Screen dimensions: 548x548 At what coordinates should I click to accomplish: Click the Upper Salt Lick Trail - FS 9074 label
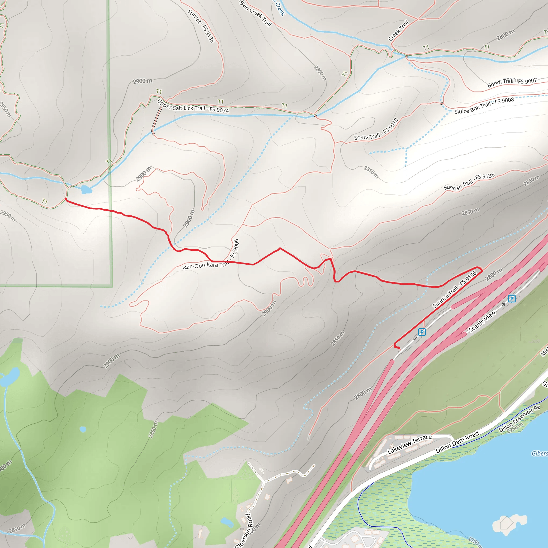[x=193, y=107]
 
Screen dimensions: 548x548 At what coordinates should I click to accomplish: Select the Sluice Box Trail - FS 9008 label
[x=484, y=105]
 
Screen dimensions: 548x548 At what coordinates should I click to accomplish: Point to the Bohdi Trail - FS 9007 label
[x=512, y=82]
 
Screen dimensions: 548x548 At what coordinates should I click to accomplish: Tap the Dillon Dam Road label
[x=457, y=442]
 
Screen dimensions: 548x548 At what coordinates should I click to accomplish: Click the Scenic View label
[x=482, y=321]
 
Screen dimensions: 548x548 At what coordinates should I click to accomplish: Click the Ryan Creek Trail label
[x=255, y=13]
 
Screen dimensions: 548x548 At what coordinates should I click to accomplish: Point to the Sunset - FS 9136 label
[x=201, y=26]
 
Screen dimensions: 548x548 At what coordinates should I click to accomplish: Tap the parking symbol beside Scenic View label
[x=511, y=298]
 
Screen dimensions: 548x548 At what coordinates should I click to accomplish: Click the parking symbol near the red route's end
[x=422, y=332]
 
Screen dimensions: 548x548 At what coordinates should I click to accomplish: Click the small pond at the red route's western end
[x=86, y=189]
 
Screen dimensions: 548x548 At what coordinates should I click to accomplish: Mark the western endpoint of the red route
[x=66, y=199]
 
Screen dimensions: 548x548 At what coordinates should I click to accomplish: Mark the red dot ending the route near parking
[x=399, y=348]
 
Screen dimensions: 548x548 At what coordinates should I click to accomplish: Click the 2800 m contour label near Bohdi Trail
[x=505, y=35]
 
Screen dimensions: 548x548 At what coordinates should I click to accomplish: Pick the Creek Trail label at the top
[x=398, y=31]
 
